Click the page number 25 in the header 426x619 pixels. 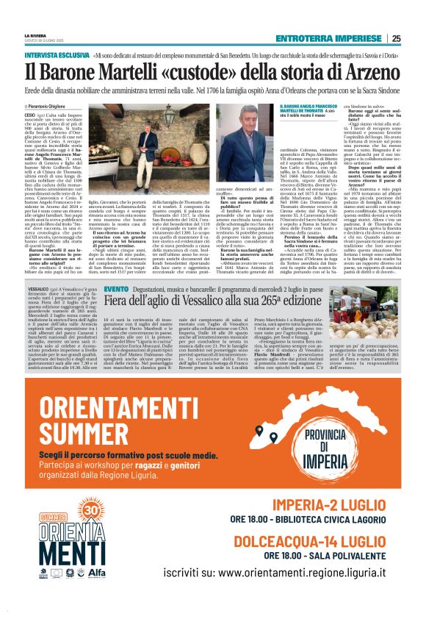click(x=396, y=39)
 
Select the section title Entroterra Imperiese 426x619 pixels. click(x=330, y=39)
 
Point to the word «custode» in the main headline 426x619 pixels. click(x=189, y=71)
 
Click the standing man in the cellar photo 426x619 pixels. click(x=147, y=146)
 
